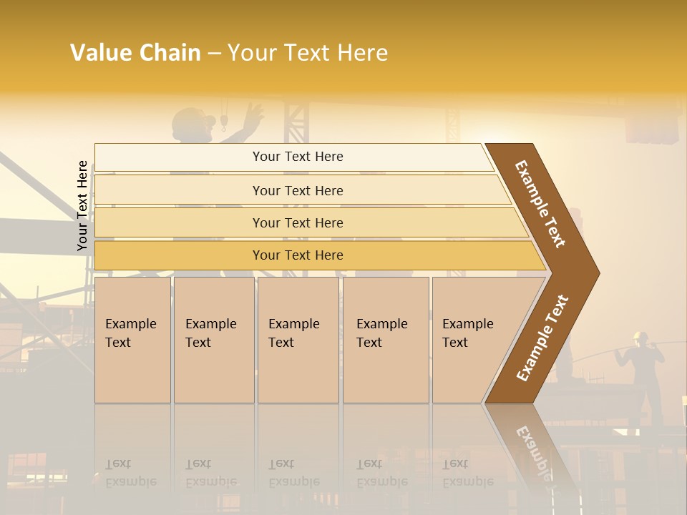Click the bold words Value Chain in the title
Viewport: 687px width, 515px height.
[135, 53]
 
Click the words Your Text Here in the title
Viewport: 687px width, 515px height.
[308, 53]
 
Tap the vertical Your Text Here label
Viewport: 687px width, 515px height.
[82, 205]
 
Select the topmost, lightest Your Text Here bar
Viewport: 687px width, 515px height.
[297, 157]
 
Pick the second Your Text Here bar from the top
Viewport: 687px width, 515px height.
[297, 190]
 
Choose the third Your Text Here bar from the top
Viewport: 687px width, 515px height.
[297, 222]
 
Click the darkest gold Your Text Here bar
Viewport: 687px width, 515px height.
[297, 255]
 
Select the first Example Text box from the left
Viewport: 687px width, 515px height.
[132, 340]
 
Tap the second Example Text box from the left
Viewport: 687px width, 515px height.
[213, 340]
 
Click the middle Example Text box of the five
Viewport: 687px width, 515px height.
[298, 340]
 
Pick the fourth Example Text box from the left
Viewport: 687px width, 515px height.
[386, 340]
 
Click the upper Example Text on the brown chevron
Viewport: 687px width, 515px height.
[540, 204]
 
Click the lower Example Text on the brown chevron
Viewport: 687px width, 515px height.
[542, 338]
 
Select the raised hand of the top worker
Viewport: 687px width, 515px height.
[252, 114]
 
